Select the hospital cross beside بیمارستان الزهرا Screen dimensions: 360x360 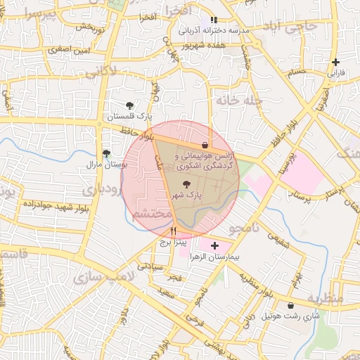[214, 246]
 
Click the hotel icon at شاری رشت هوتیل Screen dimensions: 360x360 [291, 305]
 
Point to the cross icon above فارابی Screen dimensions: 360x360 [336, 62]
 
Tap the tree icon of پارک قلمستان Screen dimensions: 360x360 [129, 105]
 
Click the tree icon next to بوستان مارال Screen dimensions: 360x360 [106, 153]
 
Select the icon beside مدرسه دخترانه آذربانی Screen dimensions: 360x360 [214, 20]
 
